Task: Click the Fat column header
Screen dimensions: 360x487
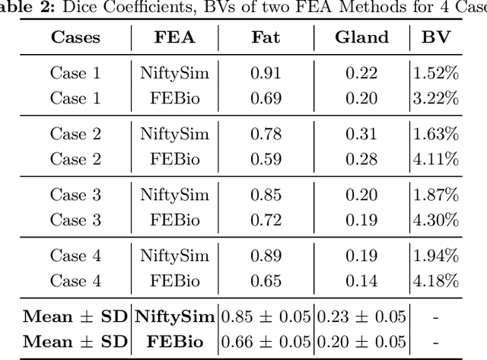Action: (x=266, y=38)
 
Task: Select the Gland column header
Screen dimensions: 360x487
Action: (x=361, y=38)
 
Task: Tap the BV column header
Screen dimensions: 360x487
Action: (x=435, y=38)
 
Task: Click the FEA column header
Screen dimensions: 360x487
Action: (x=174, y=38)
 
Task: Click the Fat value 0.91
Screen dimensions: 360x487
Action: (x=266, y=73)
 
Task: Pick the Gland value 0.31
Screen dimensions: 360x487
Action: (x=361, y=134)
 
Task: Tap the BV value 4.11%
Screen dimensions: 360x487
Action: (x=435, y=158)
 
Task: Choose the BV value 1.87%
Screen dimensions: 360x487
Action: (x=435, y=195)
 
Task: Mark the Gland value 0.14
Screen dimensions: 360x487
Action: (x=361, y=280)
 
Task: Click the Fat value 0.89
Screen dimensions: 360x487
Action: (x=266, y=256)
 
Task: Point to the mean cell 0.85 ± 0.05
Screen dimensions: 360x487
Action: (x=266, y=317)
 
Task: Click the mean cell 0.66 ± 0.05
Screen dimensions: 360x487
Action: (x=266, y=341)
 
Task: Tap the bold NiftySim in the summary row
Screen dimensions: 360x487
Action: (x=174, y=317)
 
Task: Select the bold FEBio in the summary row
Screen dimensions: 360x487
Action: (x=174, y=341)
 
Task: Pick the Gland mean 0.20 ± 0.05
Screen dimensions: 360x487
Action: (x=361, y=341)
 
